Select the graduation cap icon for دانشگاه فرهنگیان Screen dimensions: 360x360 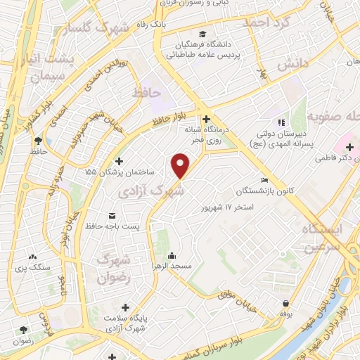[x=202, y=34]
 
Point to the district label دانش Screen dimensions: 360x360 [x=292, y=64]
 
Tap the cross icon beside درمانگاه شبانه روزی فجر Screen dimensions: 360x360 [x=205, y=119]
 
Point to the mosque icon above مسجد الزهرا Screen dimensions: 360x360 [x=171, y=255]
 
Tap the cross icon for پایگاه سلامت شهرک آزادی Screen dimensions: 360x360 [x=126, y=307]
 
